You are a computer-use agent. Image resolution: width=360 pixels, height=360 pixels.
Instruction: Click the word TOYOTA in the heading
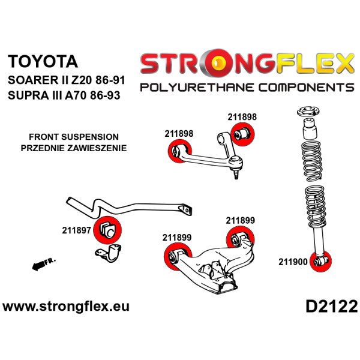pos(42,61)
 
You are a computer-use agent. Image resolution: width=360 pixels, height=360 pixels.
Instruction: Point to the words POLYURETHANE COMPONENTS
pos(247,88)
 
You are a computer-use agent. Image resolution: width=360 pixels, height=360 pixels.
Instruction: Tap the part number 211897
pos(76,229)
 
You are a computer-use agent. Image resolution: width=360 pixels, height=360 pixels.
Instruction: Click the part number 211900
pos(292,262)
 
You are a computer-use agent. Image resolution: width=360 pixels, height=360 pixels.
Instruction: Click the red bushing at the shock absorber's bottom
pos(323,262)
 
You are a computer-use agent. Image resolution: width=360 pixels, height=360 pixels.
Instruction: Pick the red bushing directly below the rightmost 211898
pos(242,133)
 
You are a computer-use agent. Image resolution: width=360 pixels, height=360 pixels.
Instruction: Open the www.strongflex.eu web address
pos(66,307)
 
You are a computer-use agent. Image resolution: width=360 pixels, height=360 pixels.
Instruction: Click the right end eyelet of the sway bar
pos(188,210)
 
